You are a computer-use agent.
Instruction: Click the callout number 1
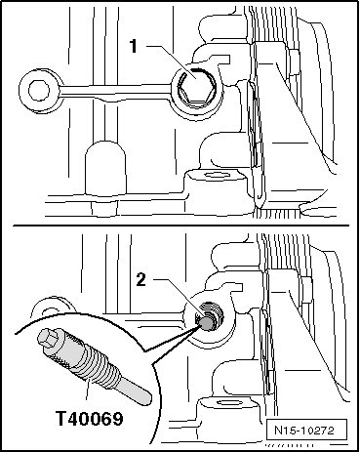(x=134, y=46)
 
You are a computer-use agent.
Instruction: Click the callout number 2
(x=140, y=279)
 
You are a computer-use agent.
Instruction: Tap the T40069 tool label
(x=90, y=418)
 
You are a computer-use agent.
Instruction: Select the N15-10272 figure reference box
(x=304, y=431)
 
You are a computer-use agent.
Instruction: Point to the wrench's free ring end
(x=39, y=90)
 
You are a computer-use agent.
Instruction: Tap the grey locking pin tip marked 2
(x=207, y=322)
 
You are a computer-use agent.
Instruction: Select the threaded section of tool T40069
(x=96, y=363)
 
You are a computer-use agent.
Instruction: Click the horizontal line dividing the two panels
(x=180, y=226)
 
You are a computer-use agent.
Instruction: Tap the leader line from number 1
(x=170, y=61)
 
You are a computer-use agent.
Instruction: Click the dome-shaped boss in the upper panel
(x=105, y=168)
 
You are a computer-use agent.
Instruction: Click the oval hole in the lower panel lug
(x=227, y=403)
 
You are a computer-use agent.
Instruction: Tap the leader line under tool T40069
(x=87, y=389)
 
